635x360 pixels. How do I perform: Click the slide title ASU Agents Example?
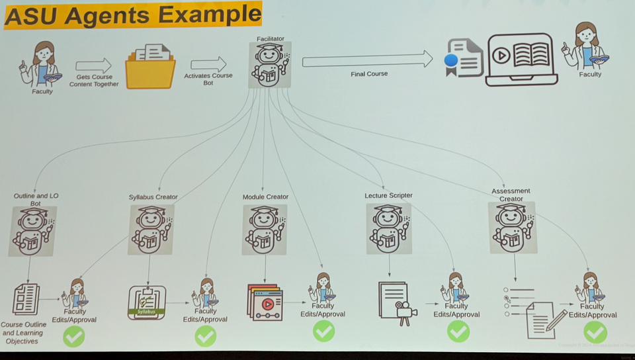(x=132, y=15)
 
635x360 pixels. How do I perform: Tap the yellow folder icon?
(x=150, y=66)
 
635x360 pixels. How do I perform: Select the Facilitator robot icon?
(x=269, y=66)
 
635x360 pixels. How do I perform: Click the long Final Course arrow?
(x=367, y=61)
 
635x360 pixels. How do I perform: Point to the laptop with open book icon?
(x=522, y=59)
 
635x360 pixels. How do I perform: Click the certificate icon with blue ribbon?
(x=464, y=58)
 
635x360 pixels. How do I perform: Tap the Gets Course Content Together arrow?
(x=93, y=66)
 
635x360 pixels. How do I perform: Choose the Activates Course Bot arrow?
(x=208, y=65)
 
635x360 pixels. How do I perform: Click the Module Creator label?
(x=265, y=197)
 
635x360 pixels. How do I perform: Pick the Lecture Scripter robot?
(x=389, y=228)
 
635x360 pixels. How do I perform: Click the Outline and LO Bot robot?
(x=32, y=231)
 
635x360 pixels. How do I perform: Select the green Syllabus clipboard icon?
(x=146, y=303)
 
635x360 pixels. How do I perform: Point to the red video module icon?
(x=265, y=303)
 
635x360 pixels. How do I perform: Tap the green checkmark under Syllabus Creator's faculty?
(x=205, y=336)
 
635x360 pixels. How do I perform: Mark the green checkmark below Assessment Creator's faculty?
(x=595, y=331)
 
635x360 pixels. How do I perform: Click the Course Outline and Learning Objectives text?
(x=24, y=333)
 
